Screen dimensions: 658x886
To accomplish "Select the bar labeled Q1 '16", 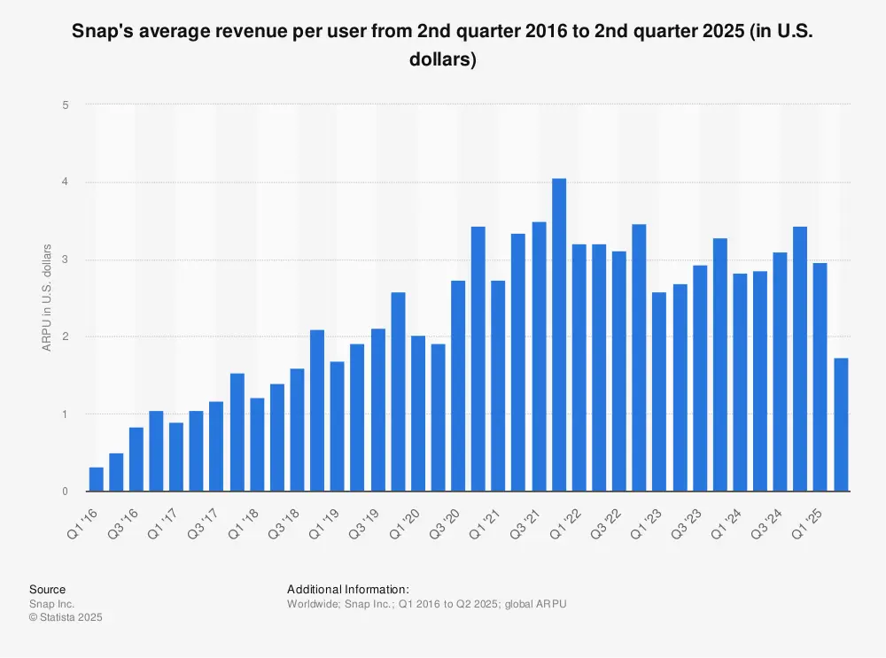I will tap(97, 479).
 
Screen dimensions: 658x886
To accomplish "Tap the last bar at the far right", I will tap(841, 424).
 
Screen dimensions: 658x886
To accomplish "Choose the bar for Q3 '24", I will tap(780, 371).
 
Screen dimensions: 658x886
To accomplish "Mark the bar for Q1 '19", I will tap(338, 426).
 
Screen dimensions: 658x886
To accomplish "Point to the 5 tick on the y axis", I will tap(65, 105).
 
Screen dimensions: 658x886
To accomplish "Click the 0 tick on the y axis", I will tap(65, 492).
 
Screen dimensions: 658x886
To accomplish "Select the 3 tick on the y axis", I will tap(65, 259).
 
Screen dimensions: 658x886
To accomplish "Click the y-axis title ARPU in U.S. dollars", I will tap(47, 298).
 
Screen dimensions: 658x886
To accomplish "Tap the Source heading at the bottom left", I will tap(47, 589).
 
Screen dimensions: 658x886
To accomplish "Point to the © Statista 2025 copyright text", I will tap(66, 617).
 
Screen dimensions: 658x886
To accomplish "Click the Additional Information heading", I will tap(348, 589).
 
